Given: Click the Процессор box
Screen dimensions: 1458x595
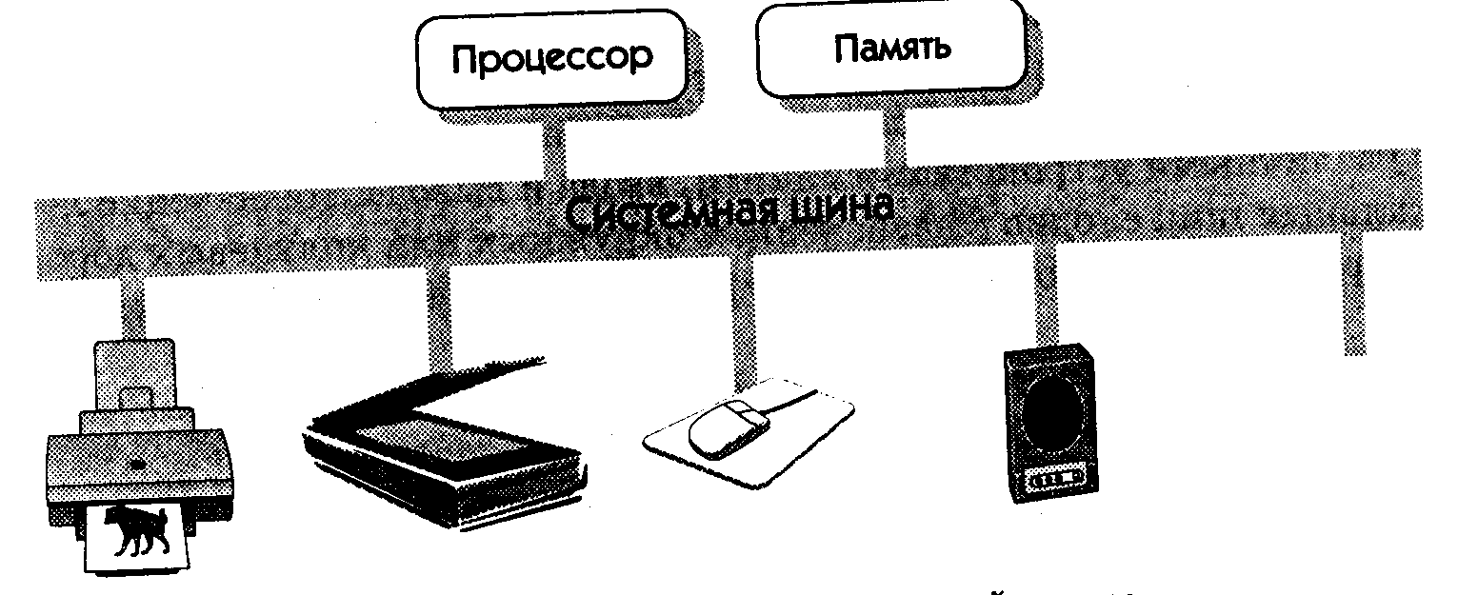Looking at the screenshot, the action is point(551,59).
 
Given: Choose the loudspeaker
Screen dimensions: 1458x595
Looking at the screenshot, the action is point(1050,423).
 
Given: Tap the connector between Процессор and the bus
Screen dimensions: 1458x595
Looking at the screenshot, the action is point(554,147).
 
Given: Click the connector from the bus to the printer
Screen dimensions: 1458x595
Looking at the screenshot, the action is point(132,309).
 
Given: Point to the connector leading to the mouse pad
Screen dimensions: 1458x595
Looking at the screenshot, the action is point(743,319).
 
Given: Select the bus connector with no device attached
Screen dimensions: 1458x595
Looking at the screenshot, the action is point(1354,294).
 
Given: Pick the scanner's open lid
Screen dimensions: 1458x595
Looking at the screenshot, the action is point(429,390).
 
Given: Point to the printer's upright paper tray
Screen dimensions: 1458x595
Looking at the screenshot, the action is point(134,374).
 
